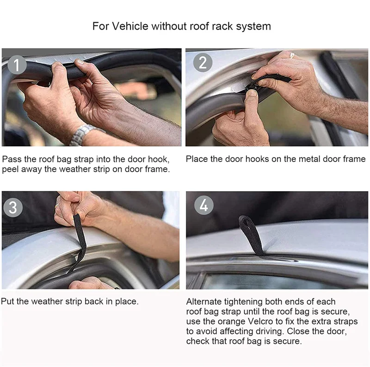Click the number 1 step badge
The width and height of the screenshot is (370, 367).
coord(17,65)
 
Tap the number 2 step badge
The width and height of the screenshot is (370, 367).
coord(203,62)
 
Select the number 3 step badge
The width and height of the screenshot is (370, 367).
coord(13,208)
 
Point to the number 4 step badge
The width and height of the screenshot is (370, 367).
coord(203,205)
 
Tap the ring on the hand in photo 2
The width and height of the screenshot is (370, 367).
coord(292,55)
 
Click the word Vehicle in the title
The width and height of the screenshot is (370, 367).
coord(130,26)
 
